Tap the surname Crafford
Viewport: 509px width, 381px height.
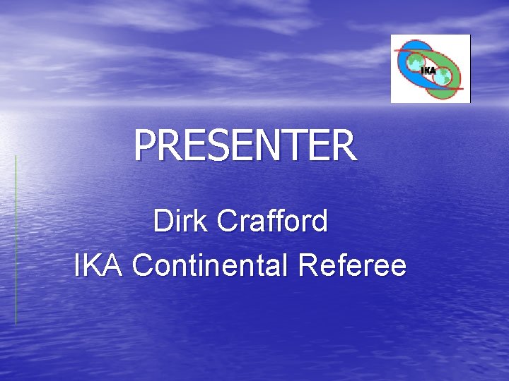click(273, 222)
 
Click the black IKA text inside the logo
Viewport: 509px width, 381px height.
click(428, 70)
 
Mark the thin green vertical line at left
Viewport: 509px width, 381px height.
click(16, 240)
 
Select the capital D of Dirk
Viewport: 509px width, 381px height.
click(162, 222)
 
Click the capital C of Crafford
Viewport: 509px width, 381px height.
click(228, 222)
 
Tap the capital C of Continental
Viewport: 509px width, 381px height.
click(142, 266)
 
